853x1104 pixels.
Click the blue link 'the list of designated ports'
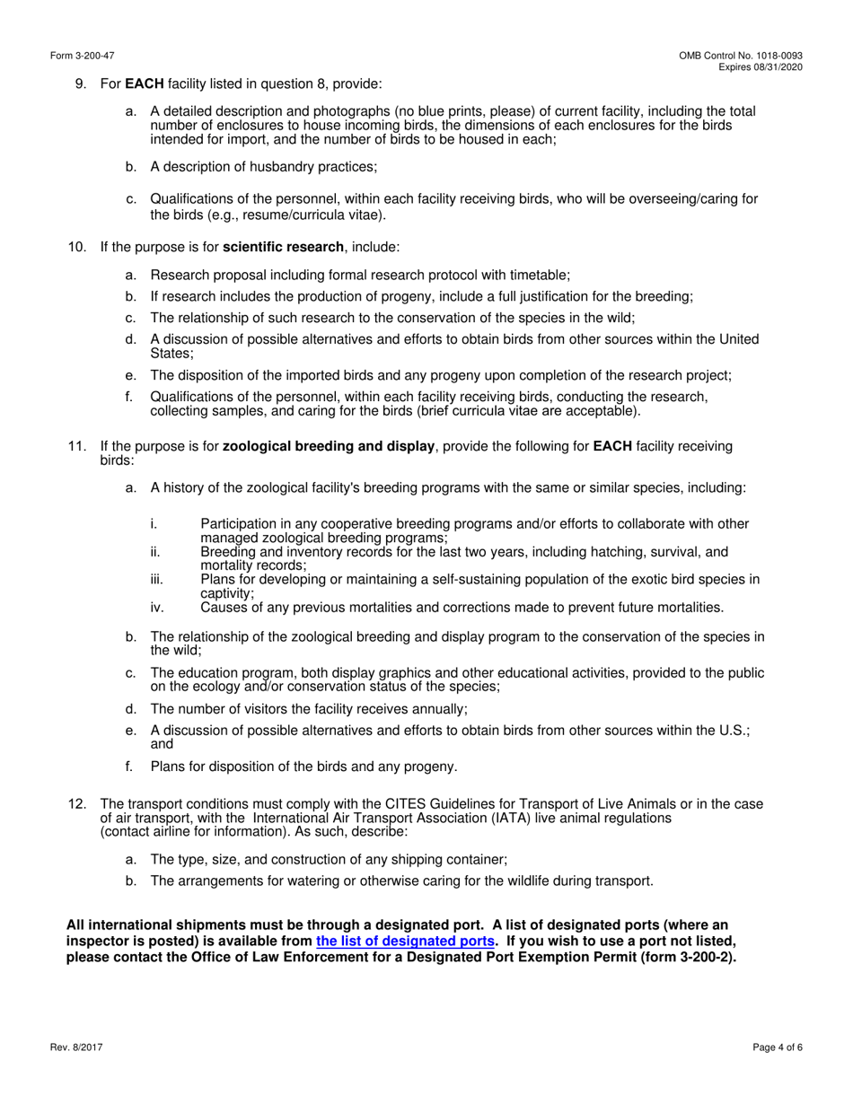[405, 942]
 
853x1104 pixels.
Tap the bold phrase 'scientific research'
[283, 247]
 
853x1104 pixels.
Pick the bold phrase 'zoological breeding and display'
[328, 446]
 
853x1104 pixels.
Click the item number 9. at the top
[81, 83]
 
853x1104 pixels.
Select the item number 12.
[77, 803]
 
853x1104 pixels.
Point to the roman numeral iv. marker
[157, 608]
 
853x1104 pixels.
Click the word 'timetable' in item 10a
[539, 276]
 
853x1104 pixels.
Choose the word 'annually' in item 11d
[439, 709]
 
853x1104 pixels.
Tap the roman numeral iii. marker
[157, 580]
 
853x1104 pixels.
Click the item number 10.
[77, 247]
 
